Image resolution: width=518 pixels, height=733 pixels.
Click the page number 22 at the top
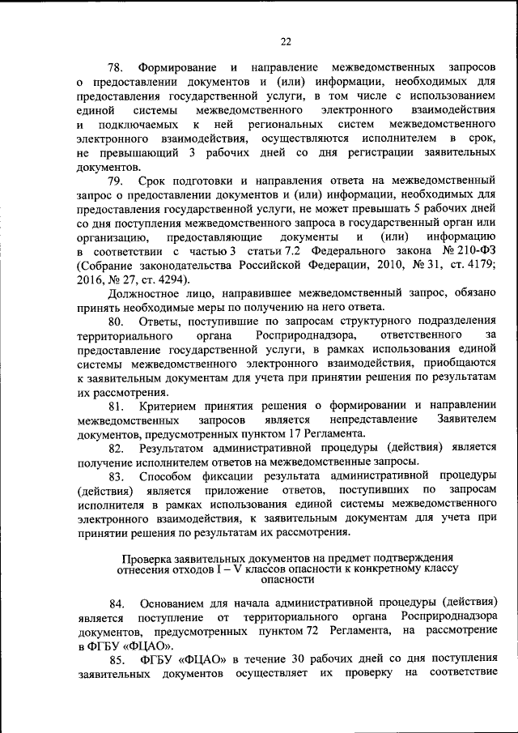point(286,42)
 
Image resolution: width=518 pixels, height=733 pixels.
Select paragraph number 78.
point(118,65)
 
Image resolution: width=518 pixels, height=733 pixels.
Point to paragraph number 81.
point(118,405)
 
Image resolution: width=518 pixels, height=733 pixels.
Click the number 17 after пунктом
point(308,434)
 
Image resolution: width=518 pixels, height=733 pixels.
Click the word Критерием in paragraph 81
point(167,405)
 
